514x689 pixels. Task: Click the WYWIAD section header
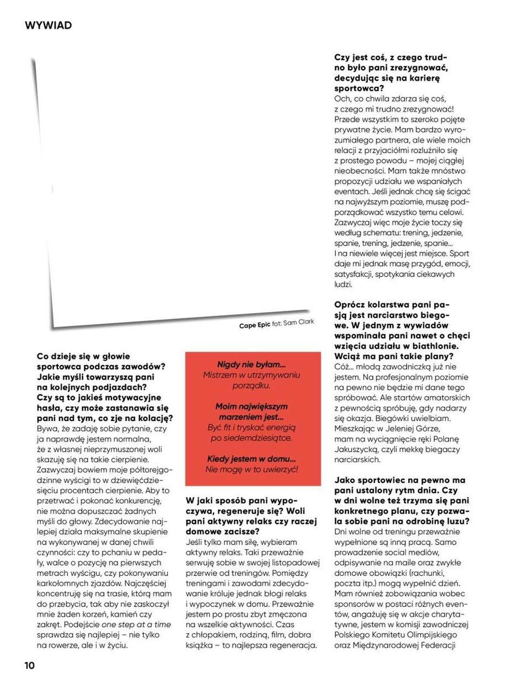pyautogui.click(x=48, y=25)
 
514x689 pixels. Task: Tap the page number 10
pyautogui.click(x=29, y=665)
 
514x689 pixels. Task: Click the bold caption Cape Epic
pyautogui.click(x=254, y=325)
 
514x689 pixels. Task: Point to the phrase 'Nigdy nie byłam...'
pyautogui.click(x=251, y=364)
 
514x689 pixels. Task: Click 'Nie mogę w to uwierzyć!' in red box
pyautogui.click(x=251, y=469)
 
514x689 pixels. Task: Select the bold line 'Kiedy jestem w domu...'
pyautogui.click(x=251, y=459)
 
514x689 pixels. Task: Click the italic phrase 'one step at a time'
pyautogui.click(x=136, y=624)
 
